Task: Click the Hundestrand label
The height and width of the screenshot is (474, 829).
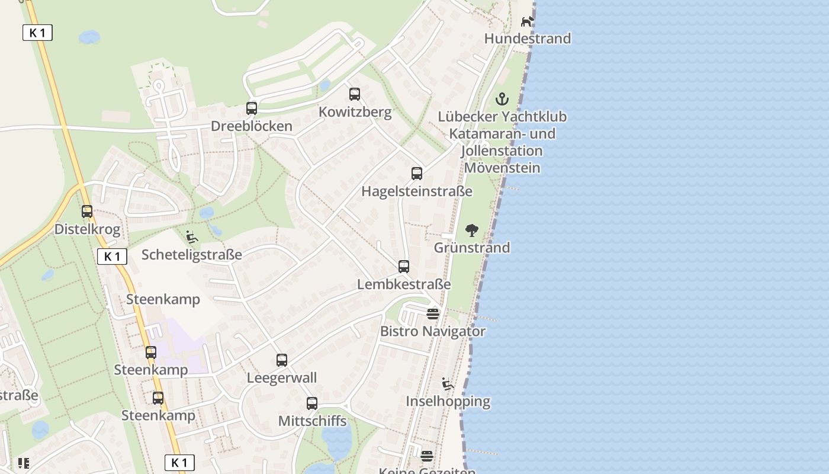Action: point(528,39)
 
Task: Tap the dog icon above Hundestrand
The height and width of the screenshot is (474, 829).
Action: point(527,22)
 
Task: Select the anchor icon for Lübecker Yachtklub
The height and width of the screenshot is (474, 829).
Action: point(502,99)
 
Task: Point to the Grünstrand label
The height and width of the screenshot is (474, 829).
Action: point(472,248)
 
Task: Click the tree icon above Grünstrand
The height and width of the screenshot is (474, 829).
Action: point(472,230)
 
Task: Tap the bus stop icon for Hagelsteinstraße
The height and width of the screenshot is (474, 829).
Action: point(417,174)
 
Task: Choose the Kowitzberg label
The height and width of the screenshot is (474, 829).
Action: point(355,112)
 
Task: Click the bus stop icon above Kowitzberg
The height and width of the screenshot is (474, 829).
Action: point(355,94)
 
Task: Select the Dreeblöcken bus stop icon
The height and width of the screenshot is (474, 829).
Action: point(252,108)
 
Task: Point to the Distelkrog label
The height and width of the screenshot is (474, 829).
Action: point(87,229)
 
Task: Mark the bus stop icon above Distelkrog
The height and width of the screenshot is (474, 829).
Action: point(87,212)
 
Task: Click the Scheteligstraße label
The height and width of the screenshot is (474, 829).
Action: point(192,255)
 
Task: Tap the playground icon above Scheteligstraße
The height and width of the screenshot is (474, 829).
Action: point(192,237)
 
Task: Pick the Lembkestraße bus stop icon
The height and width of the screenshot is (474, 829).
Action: point(404,267)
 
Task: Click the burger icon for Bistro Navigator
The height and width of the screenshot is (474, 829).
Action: point(433,314)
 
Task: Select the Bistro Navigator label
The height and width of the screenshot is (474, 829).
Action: point(433,331)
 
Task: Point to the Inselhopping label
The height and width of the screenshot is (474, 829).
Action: point(448,401)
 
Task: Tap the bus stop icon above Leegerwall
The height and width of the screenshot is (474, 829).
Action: point(282,360)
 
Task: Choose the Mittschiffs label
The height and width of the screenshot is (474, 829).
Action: point(312,421)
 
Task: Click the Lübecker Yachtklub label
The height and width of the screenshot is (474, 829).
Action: point(502,117)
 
